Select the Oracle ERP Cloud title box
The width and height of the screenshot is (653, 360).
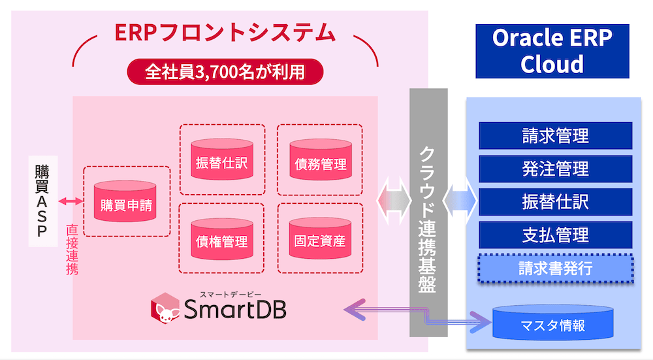[552, 51]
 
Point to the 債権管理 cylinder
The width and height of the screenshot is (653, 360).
[222, 238]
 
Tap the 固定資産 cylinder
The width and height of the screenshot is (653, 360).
[320, 238]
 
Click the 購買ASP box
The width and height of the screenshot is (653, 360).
[42, 201]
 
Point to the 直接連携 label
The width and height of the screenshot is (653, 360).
[72, 250]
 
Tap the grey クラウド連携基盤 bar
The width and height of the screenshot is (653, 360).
[428, 212]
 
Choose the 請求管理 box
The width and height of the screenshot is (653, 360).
[556, 135]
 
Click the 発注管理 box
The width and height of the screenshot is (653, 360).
[556, 168]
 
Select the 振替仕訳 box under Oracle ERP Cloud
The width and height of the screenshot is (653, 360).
[556, 201]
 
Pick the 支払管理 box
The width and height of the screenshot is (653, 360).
[556, 234]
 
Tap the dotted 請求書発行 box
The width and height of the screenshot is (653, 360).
[556, 268]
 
